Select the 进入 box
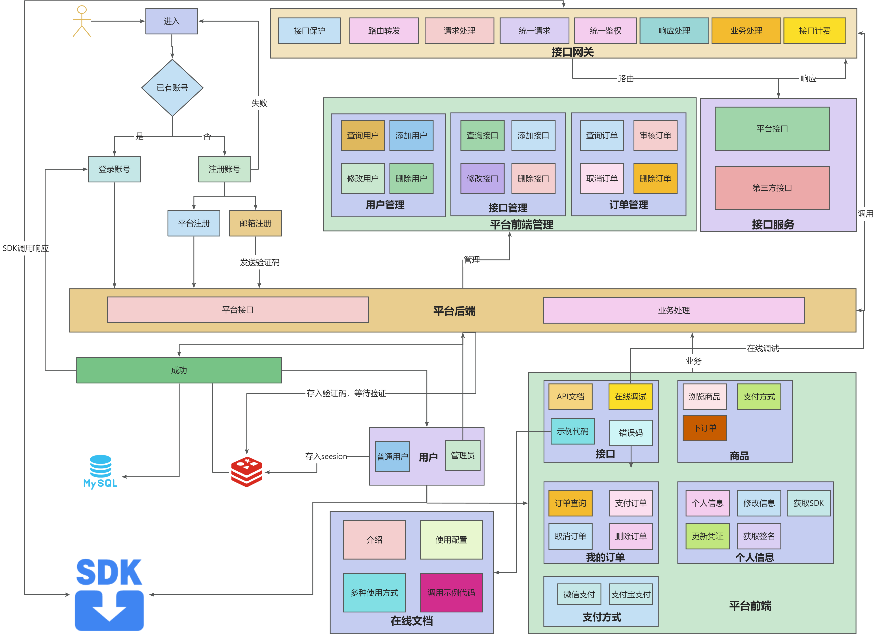click(x=172, y=21)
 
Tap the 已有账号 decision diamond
click(x=172, y=88)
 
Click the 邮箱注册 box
click(x=255, y=223)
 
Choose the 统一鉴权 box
click(x=605, y=31)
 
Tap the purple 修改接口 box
click(x=482, y=178)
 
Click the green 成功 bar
click(x=179, y=370)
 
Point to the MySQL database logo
click(x=100, y=471)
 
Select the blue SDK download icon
click(x=109, y=595)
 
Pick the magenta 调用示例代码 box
click(x=451, y=593)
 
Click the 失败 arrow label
click(x=259, y=103)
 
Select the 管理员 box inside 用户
click(x=462, y=455)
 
